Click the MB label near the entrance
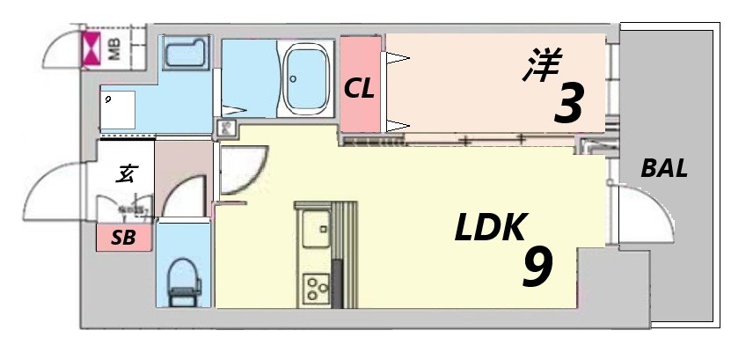pyautogui.click(x=114, y=48)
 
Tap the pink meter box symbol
pyautogui.click(x=91, y=49)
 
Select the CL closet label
pyautogui.click(x=360, y=88)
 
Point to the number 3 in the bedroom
pyautogui.click(x=567, y=104)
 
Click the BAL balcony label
pyautogui.click(x=664, y=169)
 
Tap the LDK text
pyautogui.click(x=490, y=229)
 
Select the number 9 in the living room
pyautogui.click(x=537, y=267)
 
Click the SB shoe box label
pyautogui.click(x=124, y=238)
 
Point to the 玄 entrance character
pyautogui.click(x=127, y=173)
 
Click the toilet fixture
pyautogui.click(x=185, y=279)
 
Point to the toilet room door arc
pyautogui.click(x=186, y=195)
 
